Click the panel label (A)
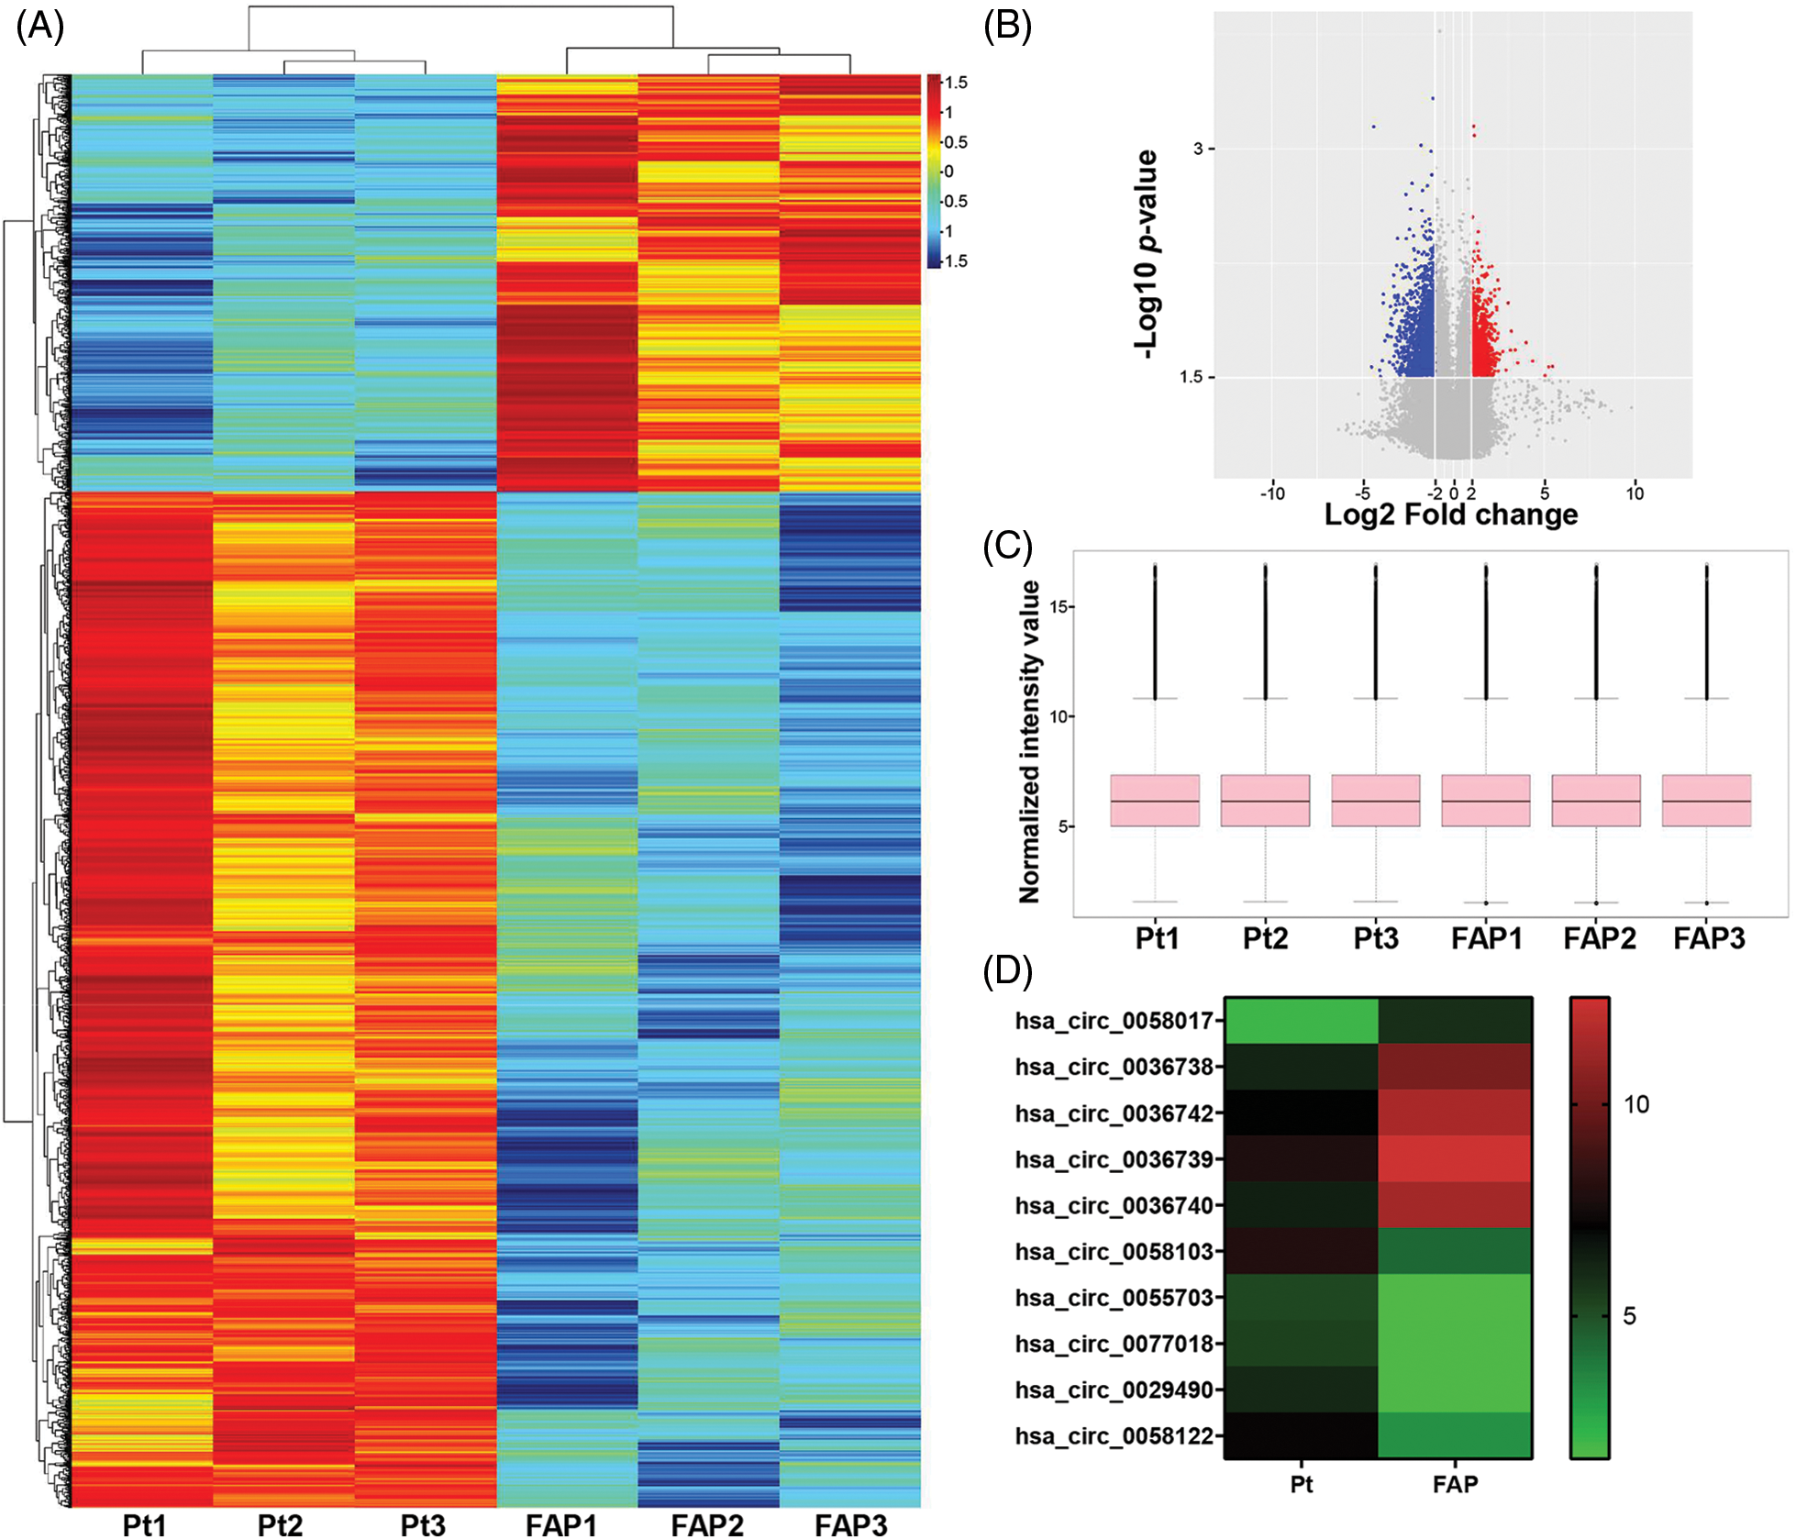pyautogui.click(x=39, y=27)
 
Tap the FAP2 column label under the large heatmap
pyautogui.click(x=706, y=1523)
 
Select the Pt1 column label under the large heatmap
pyautogui.click(x=144, y=1523)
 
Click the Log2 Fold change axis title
pyautogui.click(x=1450, y=515)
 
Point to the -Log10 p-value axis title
pyautogui.click(x=1146, y=254)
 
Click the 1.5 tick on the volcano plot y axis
pyautogui.click(x=1191, y=377)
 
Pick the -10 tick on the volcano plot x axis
pyautogui.click(x=1272, y=494)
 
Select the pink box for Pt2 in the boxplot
pyautogui.click(x=1265, y=801)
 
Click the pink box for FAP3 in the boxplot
pyautogui.click(x=1706, y=801)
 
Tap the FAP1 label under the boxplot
pyautogui.click(x=1486, y=938)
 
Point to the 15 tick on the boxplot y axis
pyautogui.click(x=1059, y=607)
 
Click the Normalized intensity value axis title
pyautogui.click(x=1030, y=741)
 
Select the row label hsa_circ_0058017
pyautogui.click(x=1114, y=1021)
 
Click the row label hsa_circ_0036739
pyautogui.click(x=1114, y=1159)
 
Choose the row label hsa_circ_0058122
pyautogui.click(x=1114, y=1435)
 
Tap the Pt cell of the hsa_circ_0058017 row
pyautogui.click(x=1301, y=1021)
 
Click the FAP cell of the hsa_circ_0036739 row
pyautogui.click(x=1455, y=1159)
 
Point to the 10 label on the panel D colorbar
pyautogui.click(x=1635, y=1104)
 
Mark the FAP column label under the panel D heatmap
pyautogui.click(x=1455, y=1484)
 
